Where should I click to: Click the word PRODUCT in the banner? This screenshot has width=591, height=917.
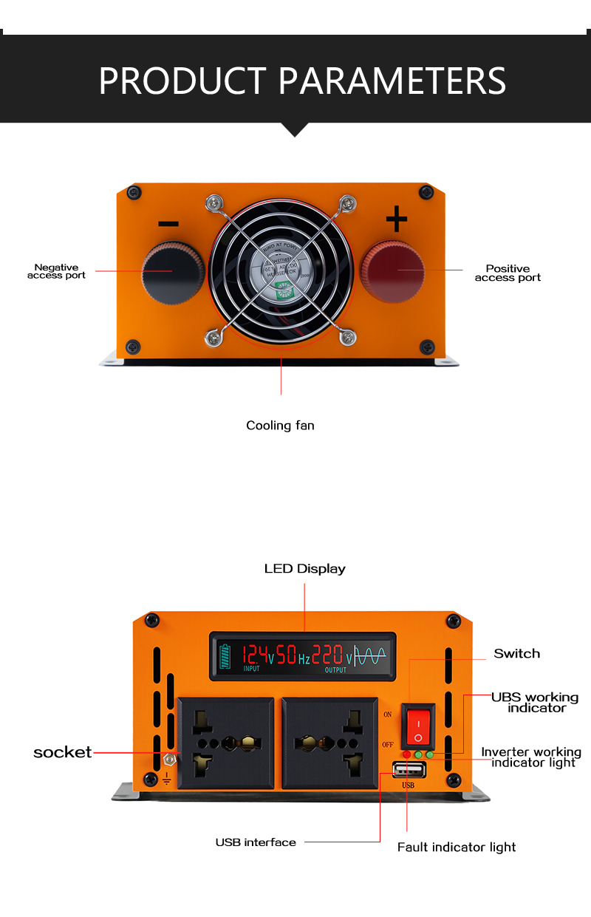182,81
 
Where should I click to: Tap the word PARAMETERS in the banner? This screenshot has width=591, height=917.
392,81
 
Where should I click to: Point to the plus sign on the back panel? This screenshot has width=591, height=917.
397,219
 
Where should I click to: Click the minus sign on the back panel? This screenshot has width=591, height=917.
168,224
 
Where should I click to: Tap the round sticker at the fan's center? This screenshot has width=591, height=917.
281,273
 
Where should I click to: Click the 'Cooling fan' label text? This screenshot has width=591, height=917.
280,426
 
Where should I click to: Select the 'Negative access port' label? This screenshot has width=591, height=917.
56,271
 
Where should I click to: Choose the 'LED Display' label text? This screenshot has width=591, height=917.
304,569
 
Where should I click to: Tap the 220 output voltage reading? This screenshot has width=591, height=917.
327,654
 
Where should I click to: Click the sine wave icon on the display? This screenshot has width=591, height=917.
370,655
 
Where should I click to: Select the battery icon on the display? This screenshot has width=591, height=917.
225,655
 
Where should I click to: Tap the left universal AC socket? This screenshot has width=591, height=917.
225,743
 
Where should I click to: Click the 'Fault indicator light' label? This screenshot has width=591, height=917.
456,848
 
